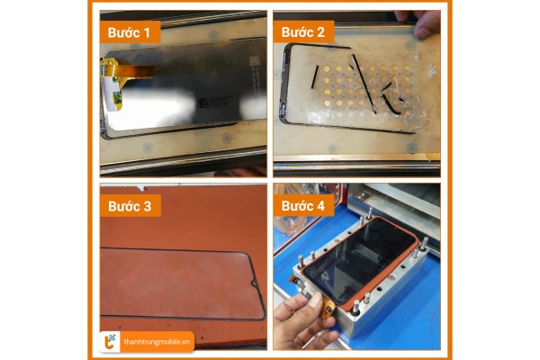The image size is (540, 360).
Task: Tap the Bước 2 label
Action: (303, 32)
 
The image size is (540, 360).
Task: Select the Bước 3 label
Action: (130, 206)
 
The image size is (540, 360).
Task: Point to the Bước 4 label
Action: (303, 206)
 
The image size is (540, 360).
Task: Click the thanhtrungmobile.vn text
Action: (157, 342)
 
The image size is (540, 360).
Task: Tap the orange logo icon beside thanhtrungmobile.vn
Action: (110, 342)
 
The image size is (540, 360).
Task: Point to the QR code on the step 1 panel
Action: (203, 103)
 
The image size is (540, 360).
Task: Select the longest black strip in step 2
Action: (364, 84)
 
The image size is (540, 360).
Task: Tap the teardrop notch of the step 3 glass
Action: (256, 283)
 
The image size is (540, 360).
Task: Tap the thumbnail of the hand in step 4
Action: (315, 301)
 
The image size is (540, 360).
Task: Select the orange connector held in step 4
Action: (328, 309)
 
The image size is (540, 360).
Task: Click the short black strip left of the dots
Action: (315, 77)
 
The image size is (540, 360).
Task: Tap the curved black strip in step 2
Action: (391, 104)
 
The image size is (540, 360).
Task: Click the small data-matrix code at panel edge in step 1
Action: (254, 62)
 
